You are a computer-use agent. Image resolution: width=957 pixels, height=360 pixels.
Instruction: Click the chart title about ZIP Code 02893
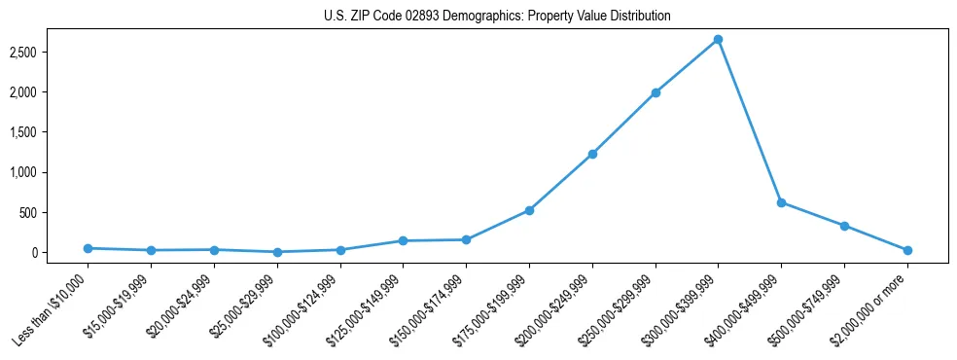pos(497,17)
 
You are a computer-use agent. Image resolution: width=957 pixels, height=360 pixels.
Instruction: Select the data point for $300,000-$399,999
pos(718,39)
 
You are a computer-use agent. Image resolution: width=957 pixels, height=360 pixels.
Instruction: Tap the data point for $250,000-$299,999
pos(656,92)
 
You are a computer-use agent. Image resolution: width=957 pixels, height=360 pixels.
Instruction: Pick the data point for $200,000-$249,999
pos(592,154)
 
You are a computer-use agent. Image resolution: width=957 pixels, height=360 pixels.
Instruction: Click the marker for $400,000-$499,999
pos(781,202)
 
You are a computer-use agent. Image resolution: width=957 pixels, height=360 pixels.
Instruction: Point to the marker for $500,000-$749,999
pos(844,226)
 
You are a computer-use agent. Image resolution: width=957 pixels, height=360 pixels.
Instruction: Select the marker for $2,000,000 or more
pos(907,250)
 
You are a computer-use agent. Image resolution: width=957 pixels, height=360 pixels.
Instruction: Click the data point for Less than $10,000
pos(89,248)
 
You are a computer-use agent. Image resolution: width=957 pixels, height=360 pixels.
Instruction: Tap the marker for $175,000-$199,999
pos(529,210)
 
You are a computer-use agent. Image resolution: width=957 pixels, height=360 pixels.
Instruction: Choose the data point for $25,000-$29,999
pos(277,252)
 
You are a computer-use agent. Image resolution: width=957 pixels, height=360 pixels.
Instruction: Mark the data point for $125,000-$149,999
pos(403,240)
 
